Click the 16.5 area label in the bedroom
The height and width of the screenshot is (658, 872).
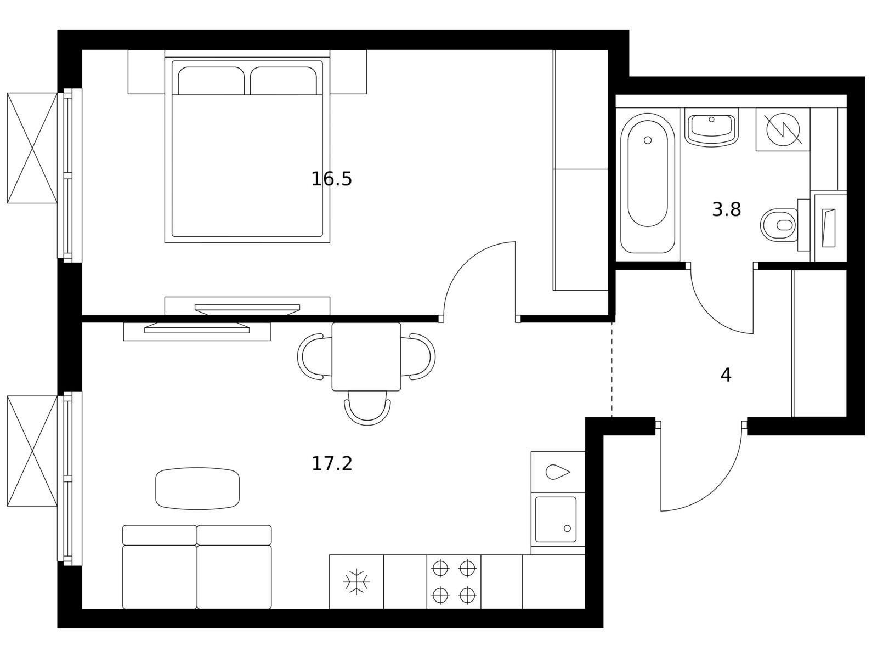point(331,179)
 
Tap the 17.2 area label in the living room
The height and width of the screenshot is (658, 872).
point(331,464)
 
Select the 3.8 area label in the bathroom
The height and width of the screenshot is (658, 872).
point(726,209)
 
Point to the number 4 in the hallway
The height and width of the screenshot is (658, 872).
point(726,375)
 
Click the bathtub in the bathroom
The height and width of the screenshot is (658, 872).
point(647,183)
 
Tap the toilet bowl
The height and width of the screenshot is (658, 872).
point(779,225)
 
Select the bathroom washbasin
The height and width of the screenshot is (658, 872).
point(711,129)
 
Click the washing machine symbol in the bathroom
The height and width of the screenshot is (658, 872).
point(783,129)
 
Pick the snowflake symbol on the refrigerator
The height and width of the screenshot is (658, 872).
point(356,582)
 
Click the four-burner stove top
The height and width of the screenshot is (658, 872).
point(454,582)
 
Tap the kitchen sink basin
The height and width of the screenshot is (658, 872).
point(556,520)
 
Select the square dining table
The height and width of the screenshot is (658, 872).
point(366,356)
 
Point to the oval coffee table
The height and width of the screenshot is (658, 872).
point(197,489)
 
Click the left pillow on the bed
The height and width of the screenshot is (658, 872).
point(211,81)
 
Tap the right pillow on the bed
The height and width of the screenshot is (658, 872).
point(283,81)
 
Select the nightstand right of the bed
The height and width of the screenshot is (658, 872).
point(348,72)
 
